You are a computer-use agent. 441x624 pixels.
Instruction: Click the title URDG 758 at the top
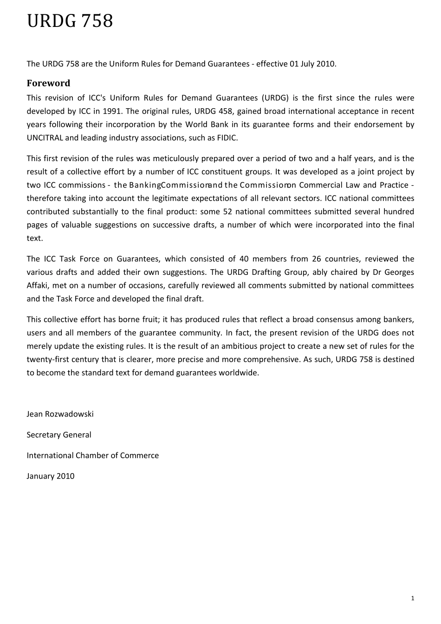[x=70, y=22]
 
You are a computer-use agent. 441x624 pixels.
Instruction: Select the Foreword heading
[x=48, y=84]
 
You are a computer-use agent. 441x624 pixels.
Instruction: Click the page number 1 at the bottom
[x=412, y=598]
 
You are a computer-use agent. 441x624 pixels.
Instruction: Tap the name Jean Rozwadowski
[x=60, y=414]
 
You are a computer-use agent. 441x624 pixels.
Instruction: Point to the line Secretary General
[x=59, y=435]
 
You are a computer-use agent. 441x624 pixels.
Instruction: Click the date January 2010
[x=51, y=476]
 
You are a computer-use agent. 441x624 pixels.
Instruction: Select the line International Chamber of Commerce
[x=93, y=455]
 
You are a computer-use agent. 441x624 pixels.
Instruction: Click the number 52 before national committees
[x=224, y=212]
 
